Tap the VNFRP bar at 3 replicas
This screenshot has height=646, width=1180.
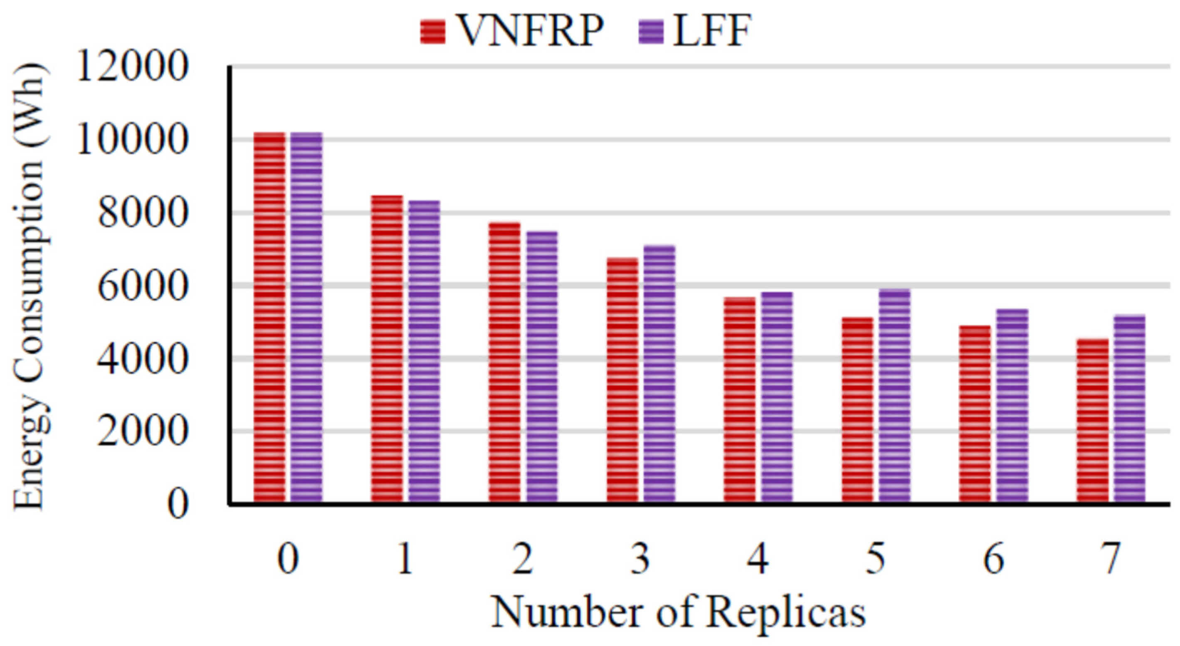[x=622, y=380]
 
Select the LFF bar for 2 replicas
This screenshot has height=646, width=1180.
[x=542, y=366]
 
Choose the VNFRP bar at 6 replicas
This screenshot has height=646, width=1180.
[x=975, y=414]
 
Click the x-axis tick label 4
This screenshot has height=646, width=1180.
[x=758, y=559]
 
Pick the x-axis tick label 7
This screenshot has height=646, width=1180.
[x=1111, y=559]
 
